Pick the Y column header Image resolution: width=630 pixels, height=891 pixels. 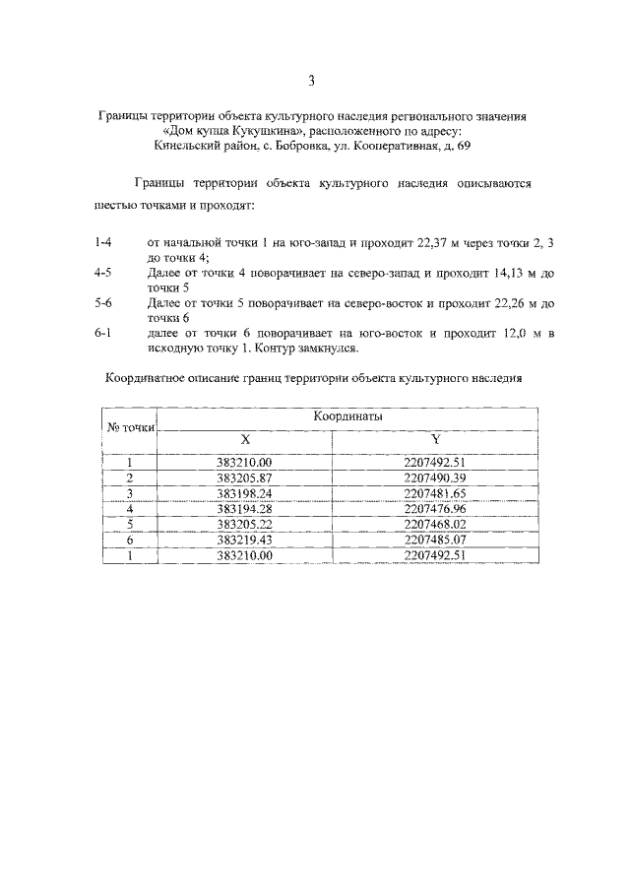coord(434,439)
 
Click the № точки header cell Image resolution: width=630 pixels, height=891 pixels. coord(130,427)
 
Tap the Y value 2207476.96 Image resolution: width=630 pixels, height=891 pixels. coord(434,509)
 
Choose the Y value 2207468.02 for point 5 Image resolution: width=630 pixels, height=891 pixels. coord(434,525)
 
